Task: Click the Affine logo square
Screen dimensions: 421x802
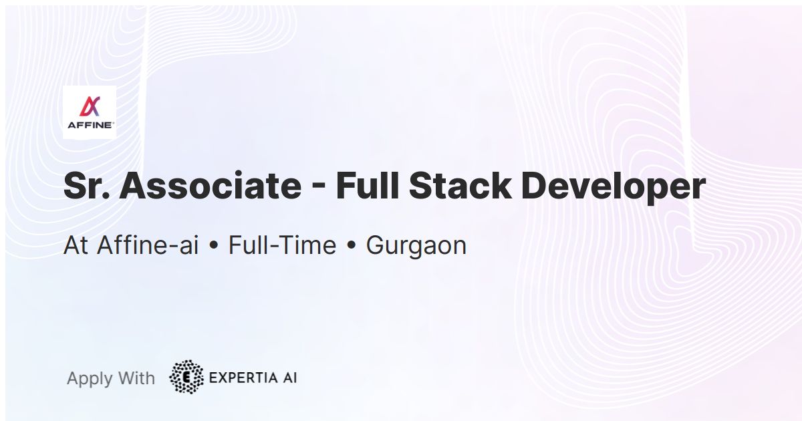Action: (90, 112)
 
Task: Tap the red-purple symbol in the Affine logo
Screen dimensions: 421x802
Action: (90, 106)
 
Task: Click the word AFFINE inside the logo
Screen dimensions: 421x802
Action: (90, 124)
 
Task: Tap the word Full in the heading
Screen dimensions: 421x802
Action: (367, 187)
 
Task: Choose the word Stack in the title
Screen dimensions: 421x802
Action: (459, 187)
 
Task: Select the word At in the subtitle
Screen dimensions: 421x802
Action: (76, 246)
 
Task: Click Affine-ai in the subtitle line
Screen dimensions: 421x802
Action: (148, 246)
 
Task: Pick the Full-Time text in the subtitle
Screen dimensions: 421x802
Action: (282, 246)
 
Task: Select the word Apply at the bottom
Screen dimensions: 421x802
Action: (90, 379)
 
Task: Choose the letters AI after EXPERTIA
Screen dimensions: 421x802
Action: (288, 378)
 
